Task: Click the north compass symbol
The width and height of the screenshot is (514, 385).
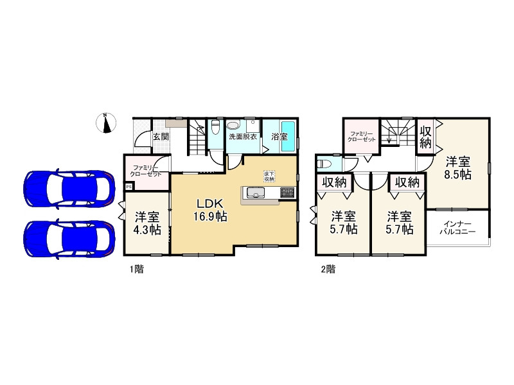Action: pyautogui.click(x=106, y=123)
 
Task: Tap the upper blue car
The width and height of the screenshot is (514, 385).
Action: pyautogui.click(x=69, y=189)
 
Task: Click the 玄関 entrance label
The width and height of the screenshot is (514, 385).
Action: pyautogui.click(x=161, y=137)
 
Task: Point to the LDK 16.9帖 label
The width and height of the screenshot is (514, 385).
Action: pyautogui.click(x=210, y=210)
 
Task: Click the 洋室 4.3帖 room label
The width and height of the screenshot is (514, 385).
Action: pyautogui.click(x=147, y=223)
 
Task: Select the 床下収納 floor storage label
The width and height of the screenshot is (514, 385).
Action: pyautogui.click(x=269, y=176)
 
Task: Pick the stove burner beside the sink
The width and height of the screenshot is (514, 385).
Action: pyautogui.click(x=287, y=192)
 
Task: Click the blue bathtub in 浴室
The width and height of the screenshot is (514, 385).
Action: pyautogui.click(x=288, y=136)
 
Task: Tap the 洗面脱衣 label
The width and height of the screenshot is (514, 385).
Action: pyautogui.click(x=243, y=137)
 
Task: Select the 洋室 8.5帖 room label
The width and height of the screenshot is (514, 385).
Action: pyautogui.click(x=457, y=168)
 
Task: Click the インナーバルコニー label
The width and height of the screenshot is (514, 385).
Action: pyautogui.click(x=457, y=228)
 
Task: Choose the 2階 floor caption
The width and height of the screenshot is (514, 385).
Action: pyautogui.click(x=328, y=269)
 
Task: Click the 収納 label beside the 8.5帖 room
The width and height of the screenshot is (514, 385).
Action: pyautogui.click(x=425, y=137)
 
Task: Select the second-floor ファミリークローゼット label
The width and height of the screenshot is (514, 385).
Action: pyautogui.click(x=362, y=136)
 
